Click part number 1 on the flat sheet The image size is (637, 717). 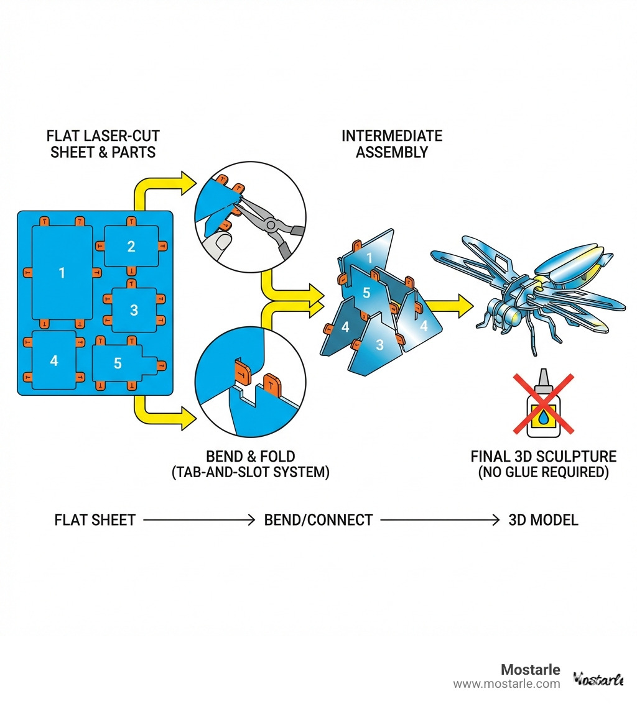pyautogui.click(x=62, y=272)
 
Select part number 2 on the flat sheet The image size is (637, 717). pyautogui.click(x=131, y=247)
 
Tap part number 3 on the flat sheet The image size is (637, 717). pyautogui.click(x=134, y=309)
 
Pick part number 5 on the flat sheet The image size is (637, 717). pyautogui.click(x=118, y=363)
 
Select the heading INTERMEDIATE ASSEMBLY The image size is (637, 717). pyautogui.click(x=392, y=144)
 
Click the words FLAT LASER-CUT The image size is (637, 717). pyautogui.click(x=103, y=135)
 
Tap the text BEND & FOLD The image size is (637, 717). pyautogui.click(x=251, y=457)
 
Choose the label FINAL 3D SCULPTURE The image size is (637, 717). pyautogui.click(x=543, y=457)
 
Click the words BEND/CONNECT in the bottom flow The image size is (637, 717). pyautogui.click(x=318, y=520)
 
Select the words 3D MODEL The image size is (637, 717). pyautogui.click(x=543, y=520)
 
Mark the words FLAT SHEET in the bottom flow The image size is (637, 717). pyautogui.click(x=95, y=520)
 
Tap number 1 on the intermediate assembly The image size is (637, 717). pyautogui.click(x=369, y=257)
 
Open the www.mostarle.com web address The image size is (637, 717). pyautogui.click(x=506, y=684)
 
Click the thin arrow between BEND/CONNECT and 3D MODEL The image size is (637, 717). pyautogui.click(x=440, y=520)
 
